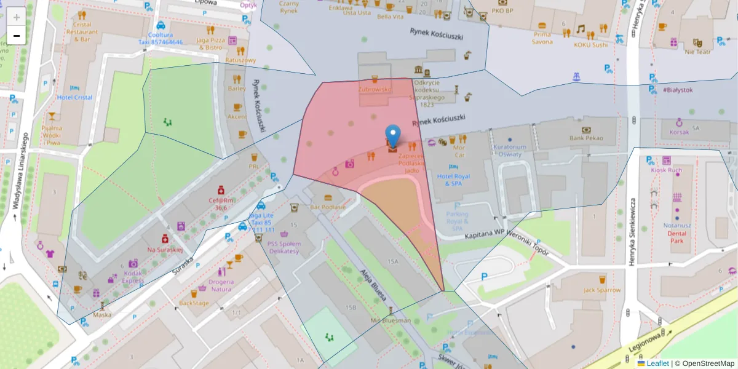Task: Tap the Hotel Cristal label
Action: tap(74, 97)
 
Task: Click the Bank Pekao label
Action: tap(585, 138)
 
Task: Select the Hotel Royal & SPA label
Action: tap(453, 180)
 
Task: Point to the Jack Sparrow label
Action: tap(602, 290)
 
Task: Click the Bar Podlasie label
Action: tap(328, 207)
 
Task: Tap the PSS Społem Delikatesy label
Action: tap(284, 248)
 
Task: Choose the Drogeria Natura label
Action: tap(221, 285)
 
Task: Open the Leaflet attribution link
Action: tap(657, 363)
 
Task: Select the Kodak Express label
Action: tap(133, 276)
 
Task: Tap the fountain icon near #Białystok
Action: tap(576, 77)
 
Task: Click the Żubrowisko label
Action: tap(375, 89)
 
